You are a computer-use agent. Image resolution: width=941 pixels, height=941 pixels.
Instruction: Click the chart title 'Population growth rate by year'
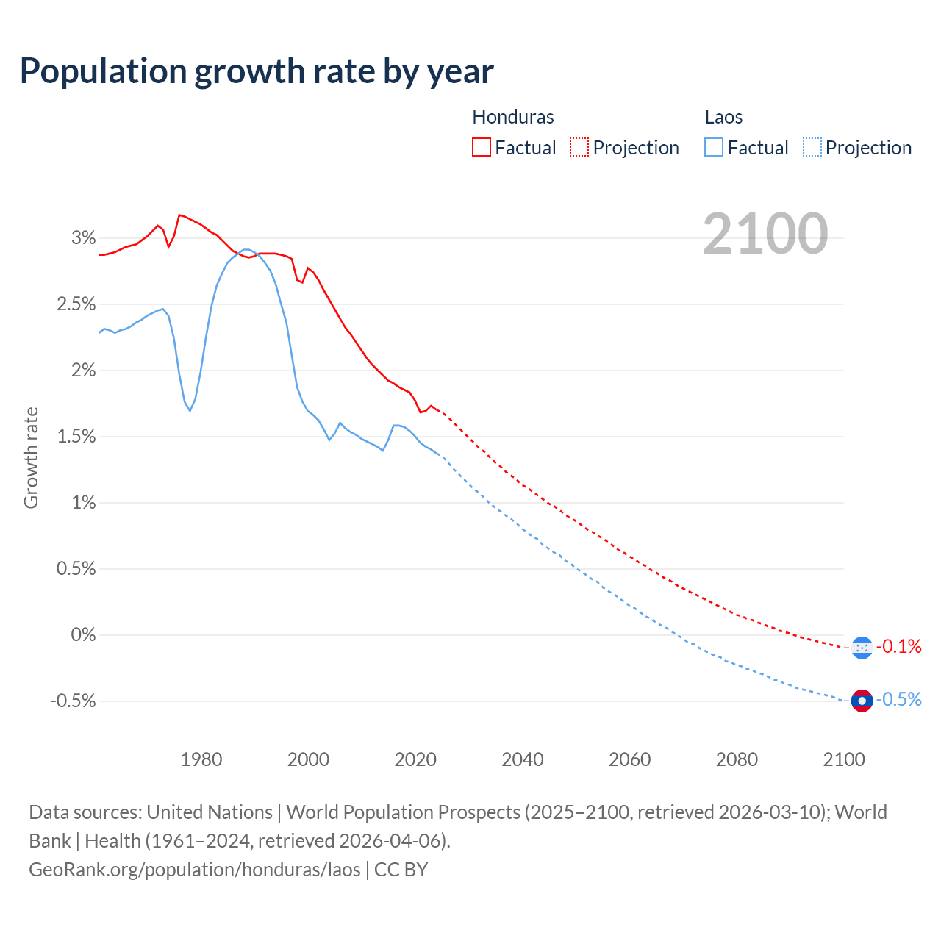257,71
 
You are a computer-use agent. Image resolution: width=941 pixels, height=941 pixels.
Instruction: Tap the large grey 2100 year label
765,234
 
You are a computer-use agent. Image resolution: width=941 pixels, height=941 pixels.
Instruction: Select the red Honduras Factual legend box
482,147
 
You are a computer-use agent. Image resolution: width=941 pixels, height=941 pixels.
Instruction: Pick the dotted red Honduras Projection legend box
579,147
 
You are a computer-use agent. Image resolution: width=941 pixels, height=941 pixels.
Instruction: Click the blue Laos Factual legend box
714,147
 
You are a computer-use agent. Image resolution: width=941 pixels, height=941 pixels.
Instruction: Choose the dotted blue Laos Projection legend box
812,147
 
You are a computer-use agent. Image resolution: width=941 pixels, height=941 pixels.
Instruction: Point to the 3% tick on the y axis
84,237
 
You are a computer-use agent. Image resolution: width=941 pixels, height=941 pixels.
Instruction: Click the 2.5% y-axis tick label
76,304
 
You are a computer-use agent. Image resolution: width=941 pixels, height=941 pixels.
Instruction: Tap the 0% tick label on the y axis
83,634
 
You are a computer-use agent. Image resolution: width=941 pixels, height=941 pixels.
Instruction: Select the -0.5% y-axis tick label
73,701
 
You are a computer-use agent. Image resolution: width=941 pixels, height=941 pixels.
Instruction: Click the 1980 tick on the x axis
201,759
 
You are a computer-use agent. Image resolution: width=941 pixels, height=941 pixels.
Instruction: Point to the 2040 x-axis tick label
523,759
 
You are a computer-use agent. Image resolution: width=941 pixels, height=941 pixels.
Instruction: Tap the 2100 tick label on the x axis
844,759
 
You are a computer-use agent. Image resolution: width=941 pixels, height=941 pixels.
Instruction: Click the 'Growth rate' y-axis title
31,457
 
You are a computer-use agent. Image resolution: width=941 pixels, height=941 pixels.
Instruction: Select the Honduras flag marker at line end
862,648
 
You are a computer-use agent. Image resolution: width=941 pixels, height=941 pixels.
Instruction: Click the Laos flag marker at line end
862,701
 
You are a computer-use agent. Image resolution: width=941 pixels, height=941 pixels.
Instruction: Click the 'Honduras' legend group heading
512,117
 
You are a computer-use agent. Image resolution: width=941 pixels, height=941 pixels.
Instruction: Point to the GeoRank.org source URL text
195,869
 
